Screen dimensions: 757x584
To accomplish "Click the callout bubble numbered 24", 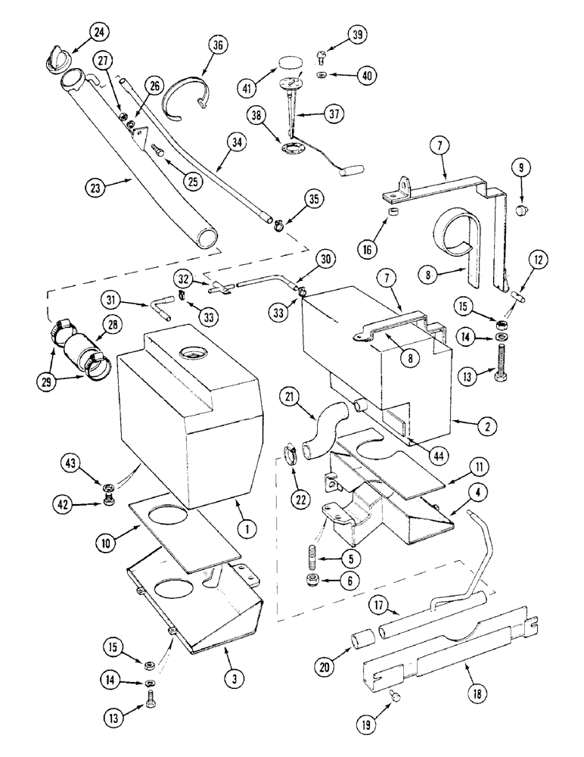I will tap(99, 32).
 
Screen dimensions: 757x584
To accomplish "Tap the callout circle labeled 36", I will tap(218, 46).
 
